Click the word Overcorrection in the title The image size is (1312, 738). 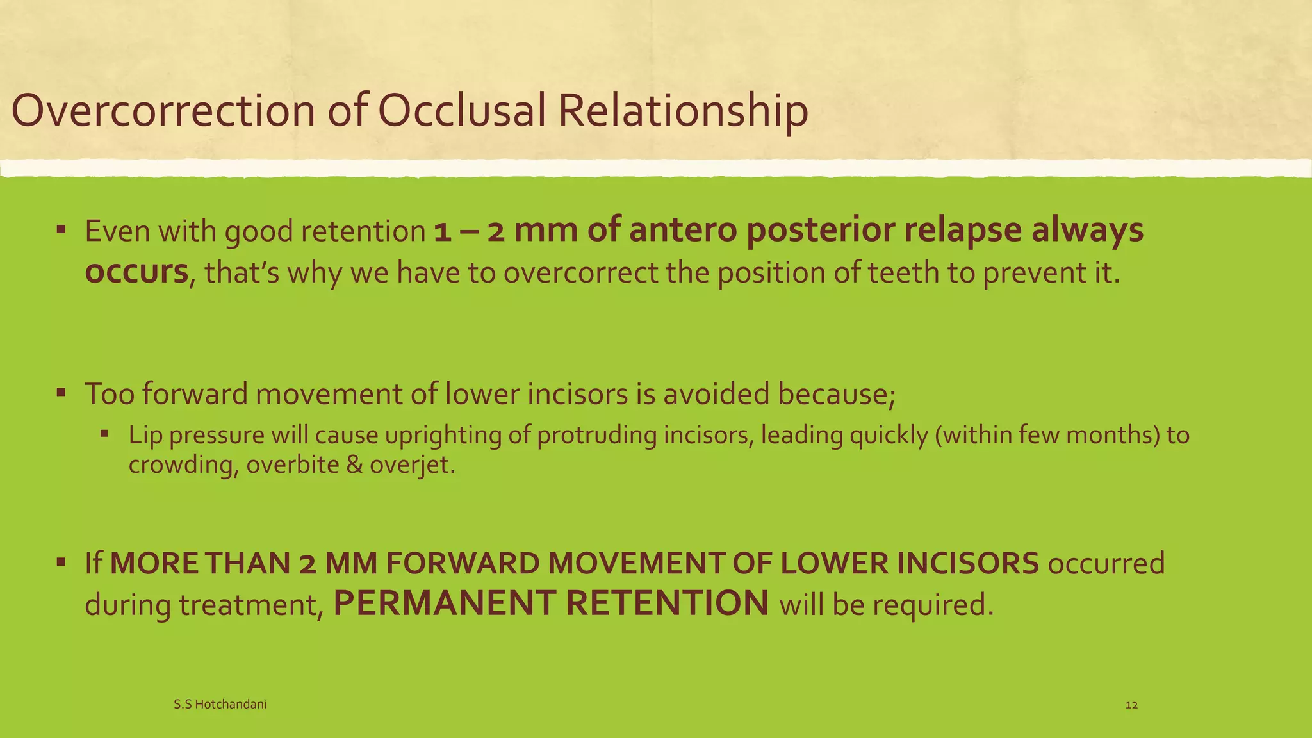164,110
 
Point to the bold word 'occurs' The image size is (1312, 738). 136,272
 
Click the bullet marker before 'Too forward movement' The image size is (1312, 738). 61,391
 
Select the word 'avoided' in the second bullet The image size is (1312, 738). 716,393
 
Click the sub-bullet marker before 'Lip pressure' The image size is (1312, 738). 105,434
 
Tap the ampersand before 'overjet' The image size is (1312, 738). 354,464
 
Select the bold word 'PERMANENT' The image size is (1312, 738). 444,603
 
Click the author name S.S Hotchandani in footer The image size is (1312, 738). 220,705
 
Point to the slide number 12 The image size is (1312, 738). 1131,705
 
